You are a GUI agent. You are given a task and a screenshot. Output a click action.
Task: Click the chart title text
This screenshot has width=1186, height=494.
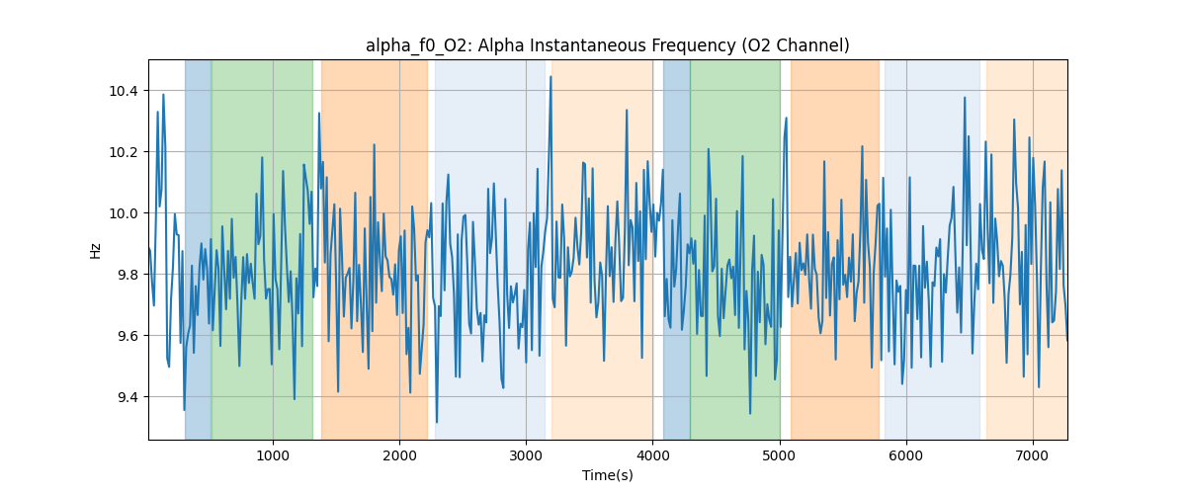(607, 45)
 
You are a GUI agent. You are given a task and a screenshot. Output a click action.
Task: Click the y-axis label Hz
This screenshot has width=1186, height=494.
(96, 250)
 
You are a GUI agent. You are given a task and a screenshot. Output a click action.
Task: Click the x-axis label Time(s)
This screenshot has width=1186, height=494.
(607, 475)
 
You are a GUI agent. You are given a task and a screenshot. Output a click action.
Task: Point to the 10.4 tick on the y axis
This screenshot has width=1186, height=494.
(126, 91)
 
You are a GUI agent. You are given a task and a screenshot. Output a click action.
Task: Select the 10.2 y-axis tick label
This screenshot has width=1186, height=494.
(126, 152)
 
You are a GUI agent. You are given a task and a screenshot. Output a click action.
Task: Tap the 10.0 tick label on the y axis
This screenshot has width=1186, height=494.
(126, 213)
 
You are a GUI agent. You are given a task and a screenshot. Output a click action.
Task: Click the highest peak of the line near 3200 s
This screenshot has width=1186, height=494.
(551, 77)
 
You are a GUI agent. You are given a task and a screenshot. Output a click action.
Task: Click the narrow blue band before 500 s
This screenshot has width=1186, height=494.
(198, 247)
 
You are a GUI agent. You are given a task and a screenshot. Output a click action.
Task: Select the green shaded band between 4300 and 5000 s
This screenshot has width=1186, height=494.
(734, 247)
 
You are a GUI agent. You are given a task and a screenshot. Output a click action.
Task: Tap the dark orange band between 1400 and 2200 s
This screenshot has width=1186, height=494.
(374, 247)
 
